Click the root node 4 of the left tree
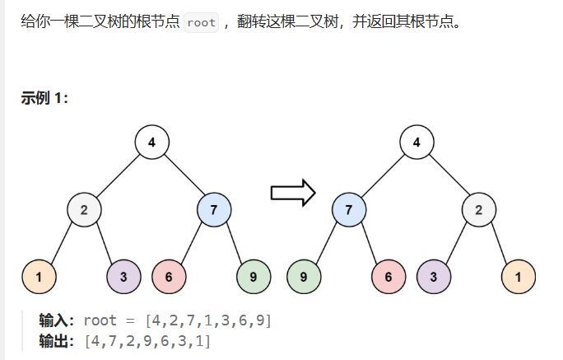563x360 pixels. coord(152,142)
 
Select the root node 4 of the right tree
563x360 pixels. coord(416,142)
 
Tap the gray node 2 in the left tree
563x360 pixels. coord(84,209)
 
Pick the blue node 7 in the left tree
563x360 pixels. coord(214,209)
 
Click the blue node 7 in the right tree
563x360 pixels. coord(349,209)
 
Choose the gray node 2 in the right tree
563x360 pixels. coord(479,209)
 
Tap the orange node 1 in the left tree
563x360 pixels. coord(39,277)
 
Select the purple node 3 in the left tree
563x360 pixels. coord(123,277)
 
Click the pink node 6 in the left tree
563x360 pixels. coord(169,277)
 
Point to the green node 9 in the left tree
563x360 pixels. coord(254,277)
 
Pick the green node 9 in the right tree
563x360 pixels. coord(304,277)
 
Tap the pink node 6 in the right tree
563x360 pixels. coord(389,277)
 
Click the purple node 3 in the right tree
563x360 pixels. coord(434,277)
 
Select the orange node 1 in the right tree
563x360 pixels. coord(519,277)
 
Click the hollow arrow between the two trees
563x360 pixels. coord(293,193)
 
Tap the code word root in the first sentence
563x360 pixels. coord(201,22)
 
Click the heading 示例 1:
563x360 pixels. coord(44,98)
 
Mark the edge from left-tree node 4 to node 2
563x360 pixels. coord(119,175)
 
